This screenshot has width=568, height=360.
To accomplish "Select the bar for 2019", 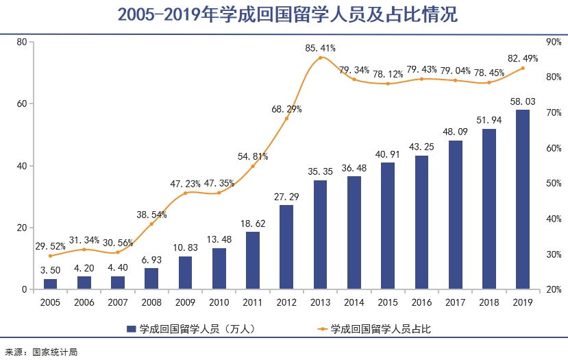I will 523,200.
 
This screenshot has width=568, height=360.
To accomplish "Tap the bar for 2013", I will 320,235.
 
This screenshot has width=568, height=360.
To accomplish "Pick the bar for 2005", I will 50,284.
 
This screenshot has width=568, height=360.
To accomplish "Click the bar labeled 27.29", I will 286,247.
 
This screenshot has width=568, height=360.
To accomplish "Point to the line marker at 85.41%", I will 320,58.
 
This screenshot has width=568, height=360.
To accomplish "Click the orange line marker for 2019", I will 523,68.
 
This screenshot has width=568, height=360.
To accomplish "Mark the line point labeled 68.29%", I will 286,119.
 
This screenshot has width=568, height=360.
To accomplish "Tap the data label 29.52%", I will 50,246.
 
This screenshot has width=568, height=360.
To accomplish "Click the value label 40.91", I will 388,154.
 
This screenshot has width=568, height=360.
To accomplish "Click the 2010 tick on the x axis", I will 219,302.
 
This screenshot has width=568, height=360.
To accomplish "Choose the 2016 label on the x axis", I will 421,302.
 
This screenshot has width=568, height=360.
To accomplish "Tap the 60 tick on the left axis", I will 22,104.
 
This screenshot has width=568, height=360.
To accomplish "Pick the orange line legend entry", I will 321,330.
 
